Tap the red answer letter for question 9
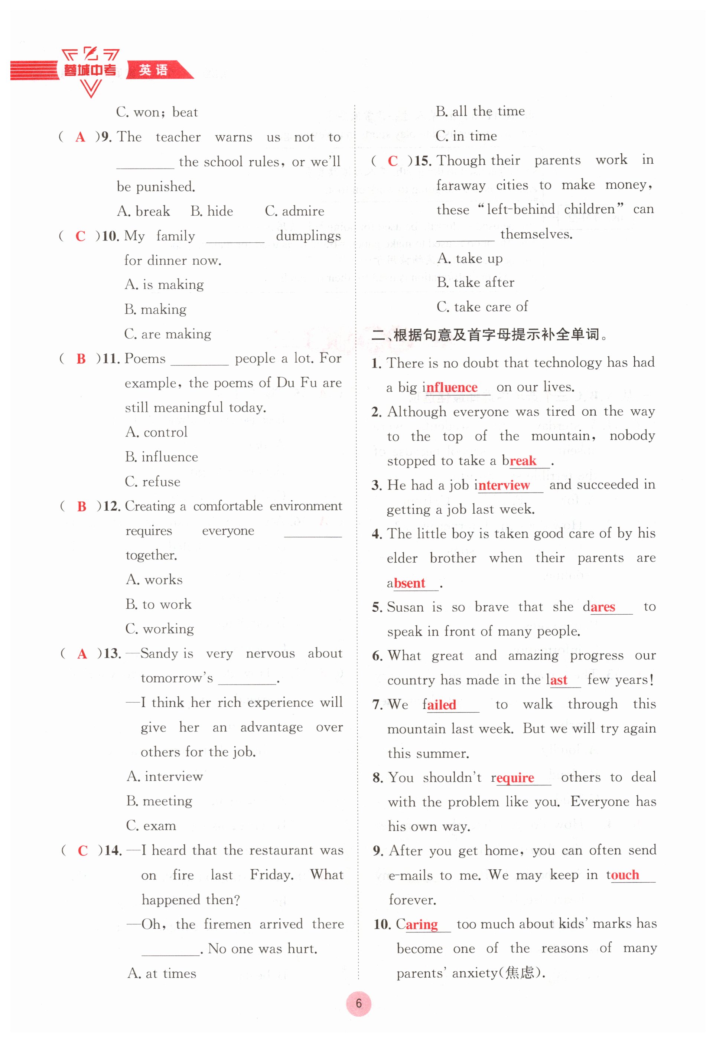pyautogui.click(x=80, y=137)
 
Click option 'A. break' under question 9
pyautogui.click(x=144, y=211)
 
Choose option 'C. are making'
pyautogui.click(x=167, y=334)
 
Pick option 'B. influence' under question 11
pyautogui.click(x=162, y=457)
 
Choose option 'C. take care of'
pyautogui.click(x=482, y=307)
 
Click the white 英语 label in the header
pyautogui.click(x=153, y=70)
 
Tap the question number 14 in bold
pyautogui.click(x=113, y=850)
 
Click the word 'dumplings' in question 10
pyautogui.click(x=308, y=236)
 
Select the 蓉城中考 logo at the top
pyautogui.click(x=90, y=70)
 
